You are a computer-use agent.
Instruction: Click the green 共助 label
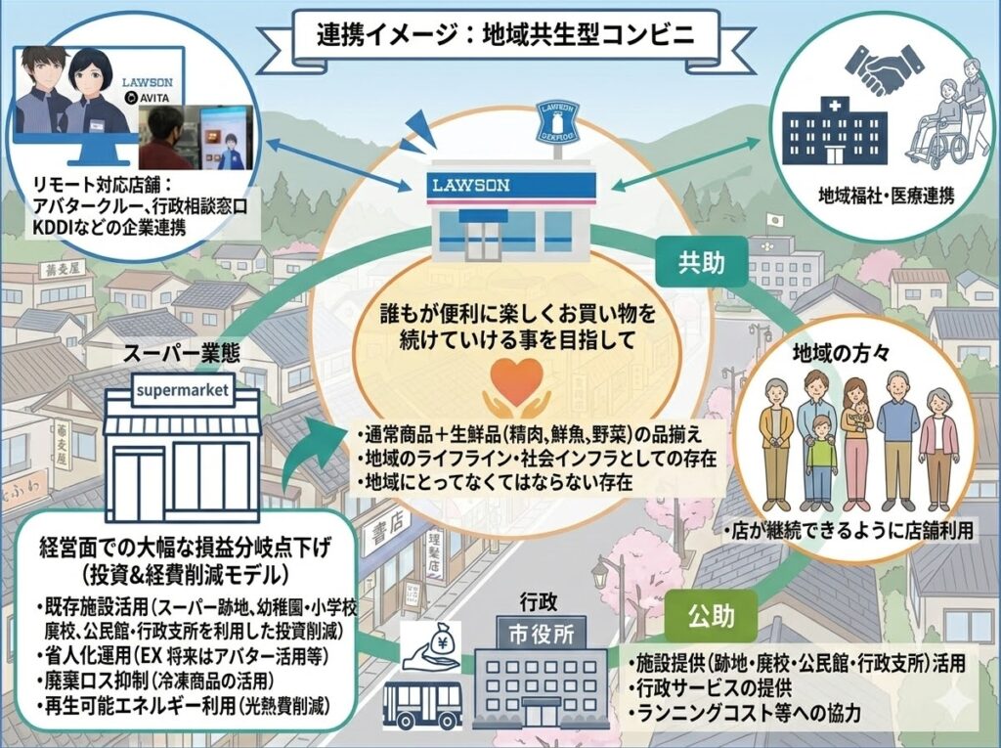pos(700,260)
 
